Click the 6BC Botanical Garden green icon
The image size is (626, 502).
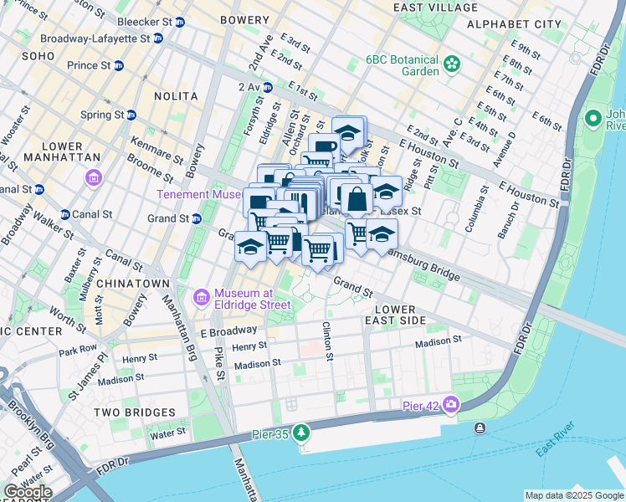pyautogui.click(x=452, y=63)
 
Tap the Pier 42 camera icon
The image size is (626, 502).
pyautogui.click(x=452, y=405)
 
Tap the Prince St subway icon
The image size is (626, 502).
pyautogui.click(x=119, y=65)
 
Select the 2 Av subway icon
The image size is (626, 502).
pyautogui.click(x=267, y=87)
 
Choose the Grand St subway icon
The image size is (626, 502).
pyautogui.click(x=198, y=219)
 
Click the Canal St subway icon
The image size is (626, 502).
pyautogui.click(x=64, y=214)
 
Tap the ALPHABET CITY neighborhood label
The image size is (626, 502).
pyautogui.click(x=514, y=24)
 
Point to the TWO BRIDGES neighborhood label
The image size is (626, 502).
pyautogui.click(x=134, y=412)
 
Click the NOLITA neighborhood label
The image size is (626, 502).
pyautogui.click(x=176, y=96)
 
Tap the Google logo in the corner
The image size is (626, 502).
pyautogui.click(x=28, y=492)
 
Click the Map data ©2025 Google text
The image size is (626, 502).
pyautogui.click(x=573, y=495)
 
